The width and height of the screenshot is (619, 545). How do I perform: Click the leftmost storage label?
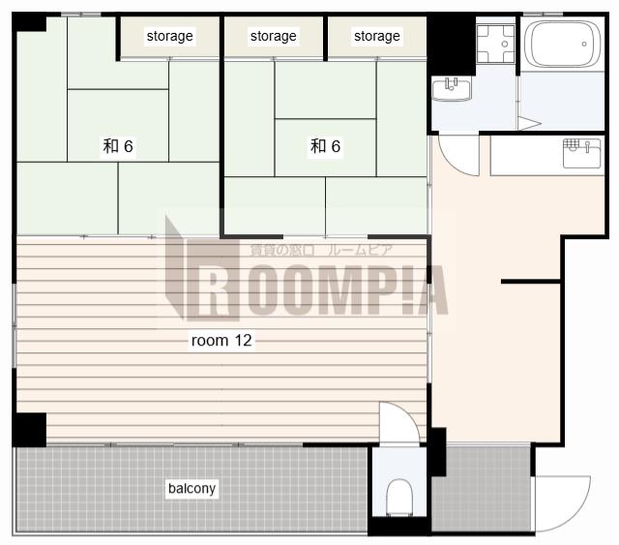[170, 36]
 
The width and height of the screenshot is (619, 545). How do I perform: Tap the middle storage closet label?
[273, 36]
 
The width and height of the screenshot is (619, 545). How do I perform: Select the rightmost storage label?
[377, 36]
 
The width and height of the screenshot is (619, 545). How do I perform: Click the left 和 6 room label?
[118, 146]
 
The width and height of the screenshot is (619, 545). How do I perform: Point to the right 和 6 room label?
[325, 146]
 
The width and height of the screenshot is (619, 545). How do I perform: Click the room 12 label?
[221, 341]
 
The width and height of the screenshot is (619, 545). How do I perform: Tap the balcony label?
[192, 489]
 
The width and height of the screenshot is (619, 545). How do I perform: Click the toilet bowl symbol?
[399, 498]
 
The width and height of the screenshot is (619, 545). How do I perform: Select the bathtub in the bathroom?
[563, 44]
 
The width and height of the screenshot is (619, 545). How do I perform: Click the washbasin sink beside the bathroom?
[452, 89]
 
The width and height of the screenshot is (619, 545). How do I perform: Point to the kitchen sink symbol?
[582, 153]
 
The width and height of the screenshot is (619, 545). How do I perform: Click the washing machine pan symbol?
[496, 44]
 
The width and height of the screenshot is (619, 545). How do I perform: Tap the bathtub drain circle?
[584, 44]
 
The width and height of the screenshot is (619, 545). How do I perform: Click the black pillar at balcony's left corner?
[30, 430]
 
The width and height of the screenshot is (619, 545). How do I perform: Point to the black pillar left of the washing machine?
[453, 45]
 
